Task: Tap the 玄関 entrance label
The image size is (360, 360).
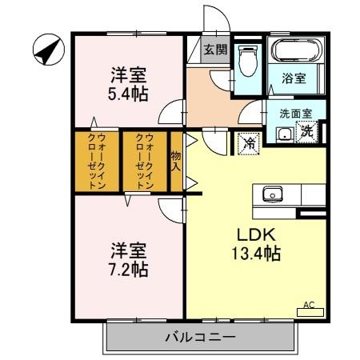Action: click(214, 49)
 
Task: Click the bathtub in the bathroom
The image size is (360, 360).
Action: click(296, 52)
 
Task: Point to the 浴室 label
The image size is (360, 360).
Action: click(294, 78)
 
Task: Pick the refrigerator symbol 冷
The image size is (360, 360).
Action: click(249, 143)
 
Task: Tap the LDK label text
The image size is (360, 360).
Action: click(256, 235)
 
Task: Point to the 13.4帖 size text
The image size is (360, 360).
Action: click(256, 254)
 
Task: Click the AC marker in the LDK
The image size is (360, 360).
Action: click(309, 305)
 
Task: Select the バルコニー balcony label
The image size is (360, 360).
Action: click(200, 338)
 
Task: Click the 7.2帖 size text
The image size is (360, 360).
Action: click(128, 269)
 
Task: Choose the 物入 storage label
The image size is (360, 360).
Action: click(176, 161)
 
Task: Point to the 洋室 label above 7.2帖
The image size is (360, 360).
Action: click(128, 248)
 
